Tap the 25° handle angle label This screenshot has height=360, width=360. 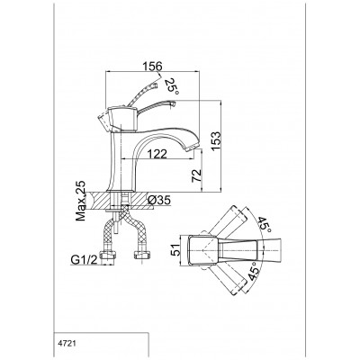[172, 86]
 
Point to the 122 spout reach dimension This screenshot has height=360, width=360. [157, 154]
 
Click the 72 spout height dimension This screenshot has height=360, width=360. [196, 175]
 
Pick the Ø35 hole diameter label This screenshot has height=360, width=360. [159, 200]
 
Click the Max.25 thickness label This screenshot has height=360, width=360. [80, 201]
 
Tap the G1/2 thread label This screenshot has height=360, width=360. [85, 260]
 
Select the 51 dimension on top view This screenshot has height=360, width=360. [177, 249]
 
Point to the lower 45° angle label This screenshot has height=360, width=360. [255, 271]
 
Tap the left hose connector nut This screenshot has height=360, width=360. [108, 255]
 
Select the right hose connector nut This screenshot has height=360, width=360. [141, 255]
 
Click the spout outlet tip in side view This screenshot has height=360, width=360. [193, 148]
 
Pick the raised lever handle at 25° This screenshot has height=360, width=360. [142, 94]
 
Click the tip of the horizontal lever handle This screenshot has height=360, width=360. [174, 103]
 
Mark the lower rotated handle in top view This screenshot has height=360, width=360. [229, 279]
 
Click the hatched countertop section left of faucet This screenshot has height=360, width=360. [98, 200]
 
